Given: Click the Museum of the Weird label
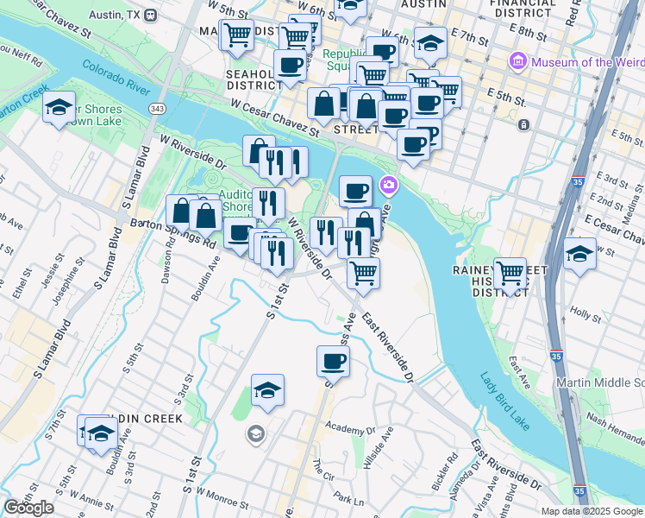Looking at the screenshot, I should [x=587, y=62].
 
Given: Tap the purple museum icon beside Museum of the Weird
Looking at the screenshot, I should [x=518, y=62].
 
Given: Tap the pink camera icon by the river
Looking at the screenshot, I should [x=389, y=185].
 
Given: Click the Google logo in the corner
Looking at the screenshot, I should [x=29, y=508].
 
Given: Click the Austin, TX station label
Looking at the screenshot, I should [x=116, y=15].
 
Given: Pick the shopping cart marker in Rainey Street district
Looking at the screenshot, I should [x=510, y=273].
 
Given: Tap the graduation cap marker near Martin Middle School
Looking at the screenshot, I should [x=579, y=255].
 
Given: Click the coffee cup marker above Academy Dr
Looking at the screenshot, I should [x=333, y=361].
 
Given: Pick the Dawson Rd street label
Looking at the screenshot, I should [x=170, y=255].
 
